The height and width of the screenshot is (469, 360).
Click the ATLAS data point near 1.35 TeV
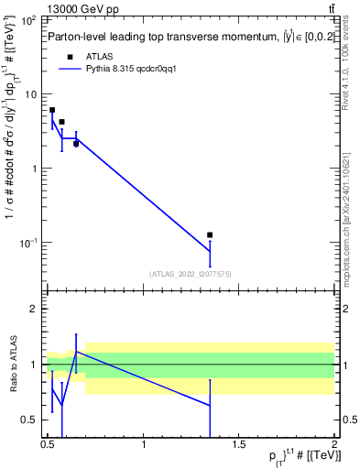click(x=210, y=235)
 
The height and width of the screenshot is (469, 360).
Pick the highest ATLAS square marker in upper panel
click(x=52, y=110)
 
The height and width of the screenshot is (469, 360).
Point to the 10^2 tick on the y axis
click(x=29, y=20)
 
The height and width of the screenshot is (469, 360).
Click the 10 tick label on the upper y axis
click(x=29, y=94)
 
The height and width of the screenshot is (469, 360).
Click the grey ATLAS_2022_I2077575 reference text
click(x=190, y=274)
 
